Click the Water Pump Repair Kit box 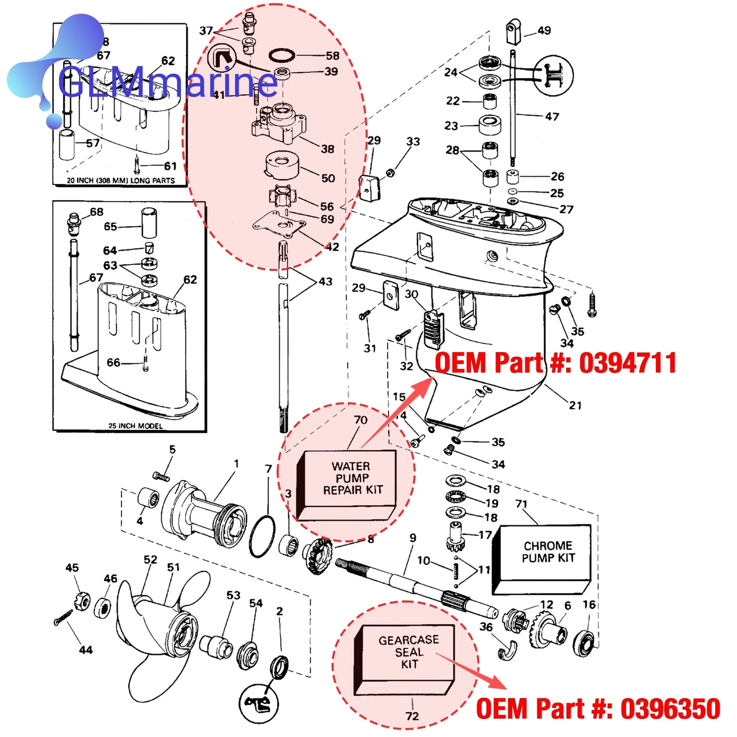click(x=346, y=485)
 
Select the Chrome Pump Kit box click(x=542, y=559)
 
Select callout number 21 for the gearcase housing click(x=575, y=405)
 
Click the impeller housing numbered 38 click(x=279, y=123)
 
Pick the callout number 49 click(x=544, y=30)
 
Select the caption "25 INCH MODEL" click(x=136, y=426)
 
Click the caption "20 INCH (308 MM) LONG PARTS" click(x=121, y=180)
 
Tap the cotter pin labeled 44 click(x=63, y=618)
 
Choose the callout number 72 click(x=412, y=716)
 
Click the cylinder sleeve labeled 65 click(x=149, y=223)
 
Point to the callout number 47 click(x=552, y=117)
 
